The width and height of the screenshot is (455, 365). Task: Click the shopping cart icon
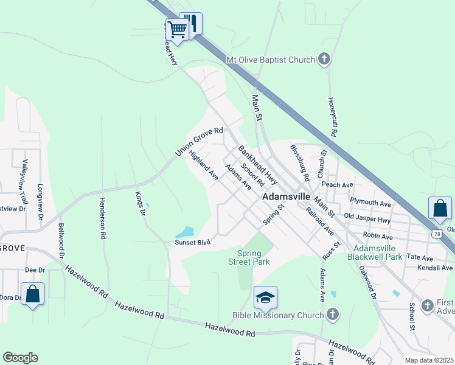click(x=177, y=29)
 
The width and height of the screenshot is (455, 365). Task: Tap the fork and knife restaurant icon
click(x=192, y=23)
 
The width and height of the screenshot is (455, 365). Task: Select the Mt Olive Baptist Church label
click(x=270, y=60)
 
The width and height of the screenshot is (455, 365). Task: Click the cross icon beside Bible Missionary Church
click(x=332, y=315)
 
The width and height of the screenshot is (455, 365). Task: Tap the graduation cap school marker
click(x=265, y=297)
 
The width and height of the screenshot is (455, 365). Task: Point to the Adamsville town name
click(x=287, y=198)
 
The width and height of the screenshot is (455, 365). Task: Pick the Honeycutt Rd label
click(x=333, y=117)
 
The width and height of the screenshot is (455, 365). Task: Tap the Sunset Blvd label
click(x=193, y=242)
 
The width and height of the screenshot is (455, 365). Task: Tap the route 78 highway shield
click(x=437, y=233)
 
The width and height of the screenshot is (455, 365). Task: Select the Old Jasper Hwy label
click(x=367, y=216)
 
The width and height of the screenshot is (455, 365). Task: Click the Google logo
click(x=20, y=358)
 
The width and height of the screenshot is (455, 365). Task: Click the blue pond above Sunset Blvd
click(x=185, y=232)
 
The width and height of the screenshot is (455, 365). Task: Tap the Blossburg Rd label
click(x=300, y=162)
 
